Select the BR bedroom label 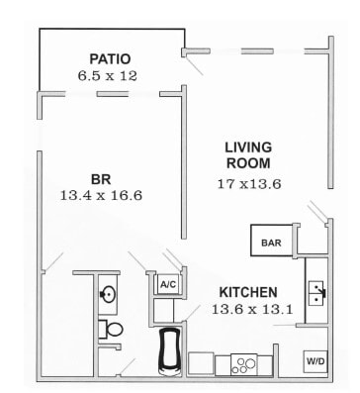coord(101,179)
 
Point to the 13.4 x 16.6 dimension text coord(101,196)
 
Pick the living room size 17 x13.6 coord(249,184)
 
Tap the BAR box coord(270,242)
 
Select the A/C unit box coord(167,284)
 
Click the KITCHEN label coord(248,293)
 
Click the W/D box coord(316,361)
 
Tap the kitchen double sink coord(317,290)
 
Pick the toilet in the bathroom coord(111,330)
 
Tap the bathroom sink coord(107,294)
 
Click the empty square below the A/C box coord(167,310)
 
